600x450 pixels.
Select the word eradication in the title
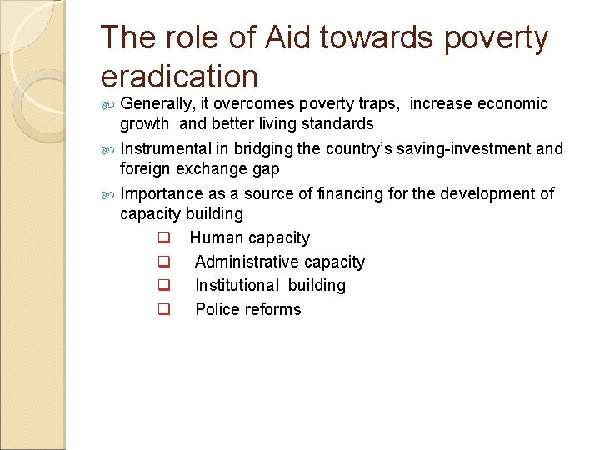point(179,77)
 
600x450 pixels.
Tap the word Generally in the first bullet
point(157,104)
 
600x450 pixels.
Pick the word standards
point(332,124)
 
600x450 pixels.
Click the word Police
point(215,309)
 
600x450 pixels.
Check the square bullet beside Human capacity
point(163,239)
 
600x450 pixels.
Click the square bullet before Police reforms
point(163,310)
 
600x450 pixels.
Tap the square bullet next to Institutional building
point(163,286)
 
